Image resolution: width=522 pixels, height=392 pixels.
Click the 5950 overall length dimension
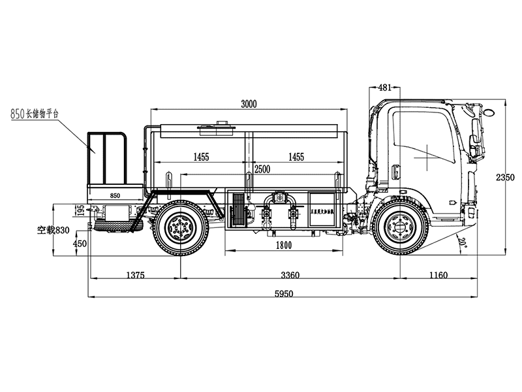285,293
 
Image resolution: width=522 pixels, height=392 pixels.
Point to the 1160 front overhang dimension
438,275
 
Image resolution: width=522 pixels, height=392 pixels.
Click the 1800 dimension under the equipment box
283,245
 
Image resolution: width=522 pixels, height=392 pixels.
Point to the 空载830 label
53,230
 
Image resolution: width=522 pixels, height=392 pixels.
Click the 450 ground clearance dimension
80,243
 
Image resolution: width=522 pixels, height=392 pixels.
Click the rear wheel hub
178,227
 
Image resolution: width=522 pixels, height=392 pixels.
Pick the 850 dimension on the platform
115,195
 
